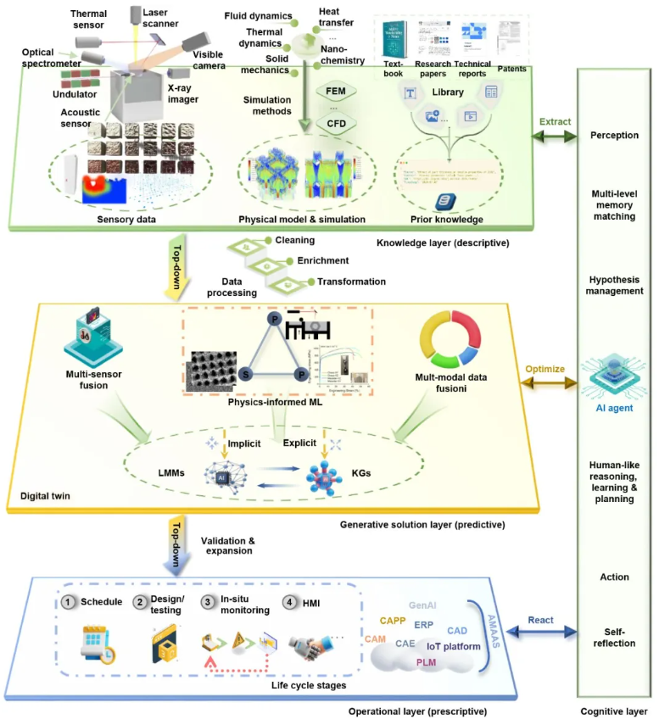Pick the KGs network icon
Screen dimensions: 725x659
pyautogui.click(x=325, y=472)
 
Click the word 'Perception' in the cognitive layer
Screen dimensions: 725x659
pyautogui.click(x=615, y=135)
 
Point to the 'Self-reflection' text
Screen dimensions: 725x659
pyautogui.click(x=616, y=637)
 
